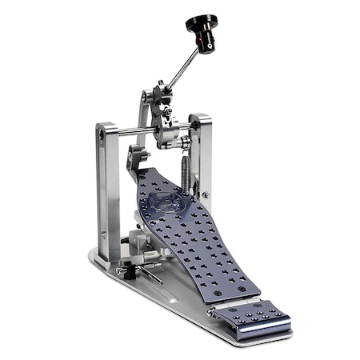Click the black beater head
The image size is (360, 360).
[x=202, y=25]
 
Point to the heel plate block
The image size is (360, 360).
[x=250, y=318]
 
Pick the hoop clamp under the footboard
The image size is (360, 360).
[x=140, y=244]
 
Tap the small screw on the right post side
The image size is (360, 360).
[x=206, y=194]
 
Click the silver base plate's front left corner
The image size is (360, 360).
[x=94, y=258]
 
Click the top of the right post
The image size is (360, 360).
[x=200, y=118]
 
